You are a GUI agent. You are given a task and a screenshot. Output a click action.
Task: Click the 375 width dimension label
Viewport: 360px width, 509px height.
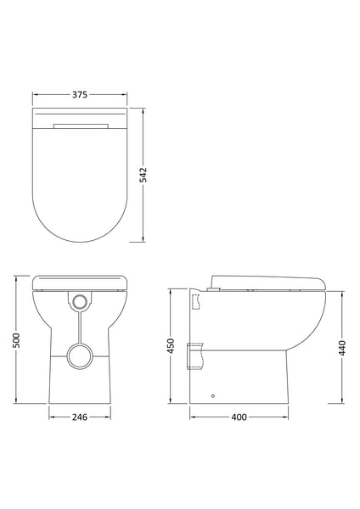click(80, 94)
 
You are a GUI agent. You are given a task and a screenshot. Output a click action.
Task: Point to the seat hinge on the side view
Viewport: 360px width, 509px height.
click(216, 288)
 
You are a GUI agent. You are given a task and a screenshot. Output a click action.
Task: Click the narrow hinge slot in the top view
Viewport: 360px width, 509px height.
click(80, 126)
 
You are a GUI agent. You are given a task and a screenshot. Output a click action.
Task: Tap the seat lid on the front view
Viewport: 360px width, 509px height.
click(80, 281)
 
